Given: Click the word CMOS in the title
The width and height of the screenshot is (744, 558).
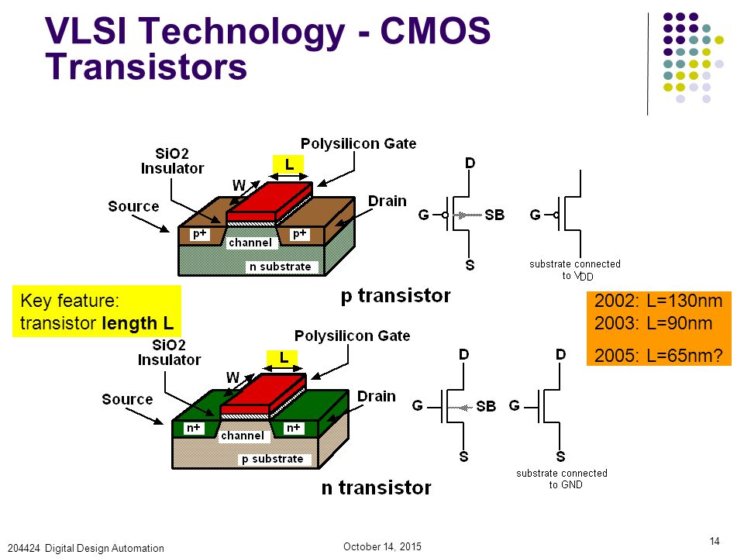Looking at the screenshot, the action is [435, 31].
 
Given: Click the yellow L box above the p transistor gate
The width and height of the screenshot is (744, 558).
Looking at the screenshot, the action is [288, 164].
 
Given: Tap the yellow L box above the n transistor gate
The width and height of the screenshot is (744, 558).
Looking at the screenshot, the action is [282, 358].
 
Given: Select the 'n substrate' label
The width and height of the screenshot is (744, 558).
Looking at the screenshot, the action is [281, 267].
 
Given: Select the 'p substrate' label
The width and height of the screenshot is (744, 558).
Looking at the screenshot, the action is [272, 459].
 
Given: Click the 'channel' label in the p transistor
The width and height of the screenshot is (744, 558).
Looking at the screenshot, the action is [250, 243].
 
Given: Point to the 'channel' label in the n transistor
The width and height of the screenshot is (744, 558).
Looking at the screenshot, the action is [243, 436].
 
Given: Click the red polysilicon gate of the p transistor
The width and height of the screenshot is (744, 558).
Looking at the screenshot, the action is [270, 202].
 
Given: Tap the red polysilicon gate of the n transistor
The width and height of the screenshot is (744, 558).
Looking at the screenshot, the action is [263, 394].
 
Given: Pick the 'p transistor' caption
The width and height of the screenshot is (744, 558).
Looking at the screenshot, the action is [396, 295].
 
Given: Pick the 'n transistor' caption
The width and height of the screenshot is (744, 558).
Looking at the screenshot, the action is [377, 487].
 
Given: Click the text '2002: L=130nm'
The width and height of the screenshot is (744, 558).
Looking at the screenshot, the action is [658, 301].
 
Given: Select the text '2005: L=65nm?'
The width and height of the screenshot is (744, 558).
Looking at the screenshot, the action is [659, 356].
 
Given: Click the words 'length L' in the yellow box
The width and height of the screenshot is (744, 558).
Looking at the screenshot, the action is [138, 324].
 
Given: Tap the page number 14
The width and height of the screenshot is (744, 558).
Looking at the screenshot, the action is [715, 541].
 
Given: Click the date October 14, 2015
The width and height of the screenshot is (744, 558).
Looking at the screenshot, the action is [382, 546].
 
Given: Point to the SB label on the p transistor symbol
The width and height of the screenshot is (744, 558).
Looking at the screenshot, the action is [494, 215].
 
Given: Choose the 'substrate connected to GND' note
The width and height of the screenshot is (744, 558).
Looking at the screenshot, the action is [563, 479].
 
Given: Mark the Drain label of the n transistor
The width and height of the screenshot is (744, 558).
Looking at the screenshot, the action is [377, 396].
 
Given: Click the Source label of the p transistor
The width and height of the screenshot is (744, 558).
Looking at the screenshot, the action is [133, 206].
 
